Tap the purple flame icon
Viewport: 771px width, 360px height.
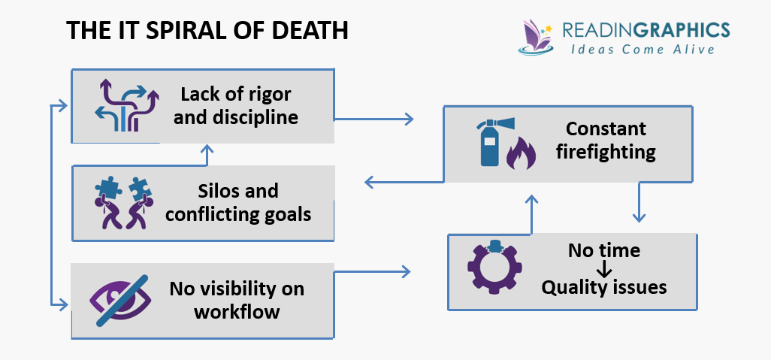(x=521, y=155)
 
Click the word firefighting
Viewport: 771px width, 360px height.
(x=606, y=152)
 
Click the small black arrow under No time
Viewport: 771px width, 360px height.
(x=604, y=268)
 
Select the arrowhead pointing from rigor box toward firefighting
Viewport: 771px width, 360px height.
(x=409, y=118)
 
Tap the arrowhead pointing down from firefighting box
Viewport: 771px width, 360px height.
(x=638, y=217)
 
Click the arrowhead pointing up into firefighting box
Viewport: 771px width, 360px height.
(x=531, y=200)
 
